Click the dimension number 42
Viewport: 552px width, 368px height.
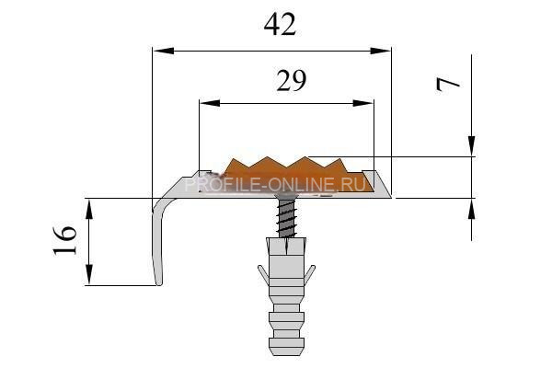(x=281, y=25)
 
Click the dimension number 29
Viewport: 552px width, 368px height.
(x=292, y=81)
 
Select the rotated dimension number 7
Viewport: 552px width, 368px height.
(x=447, y=85)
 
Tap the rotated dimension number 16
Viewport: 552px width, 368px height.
(x=64, y=240)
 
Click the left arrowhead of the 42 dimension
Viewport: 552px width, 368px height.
(x=164, y=52)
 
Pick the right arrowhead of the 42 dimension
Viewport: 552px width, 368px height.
(x=381, y=52)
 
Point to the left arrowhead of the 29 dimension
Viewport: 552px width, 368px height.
(x=210, y=103)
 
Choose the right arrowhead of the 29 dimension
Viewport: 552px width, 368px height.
(x=363, y=103)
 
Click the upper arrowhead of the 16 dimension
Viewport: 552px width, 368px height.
(x=89, y=210)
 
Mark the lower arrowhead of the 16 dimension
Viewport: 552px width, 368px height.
(x=89, y=274)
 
